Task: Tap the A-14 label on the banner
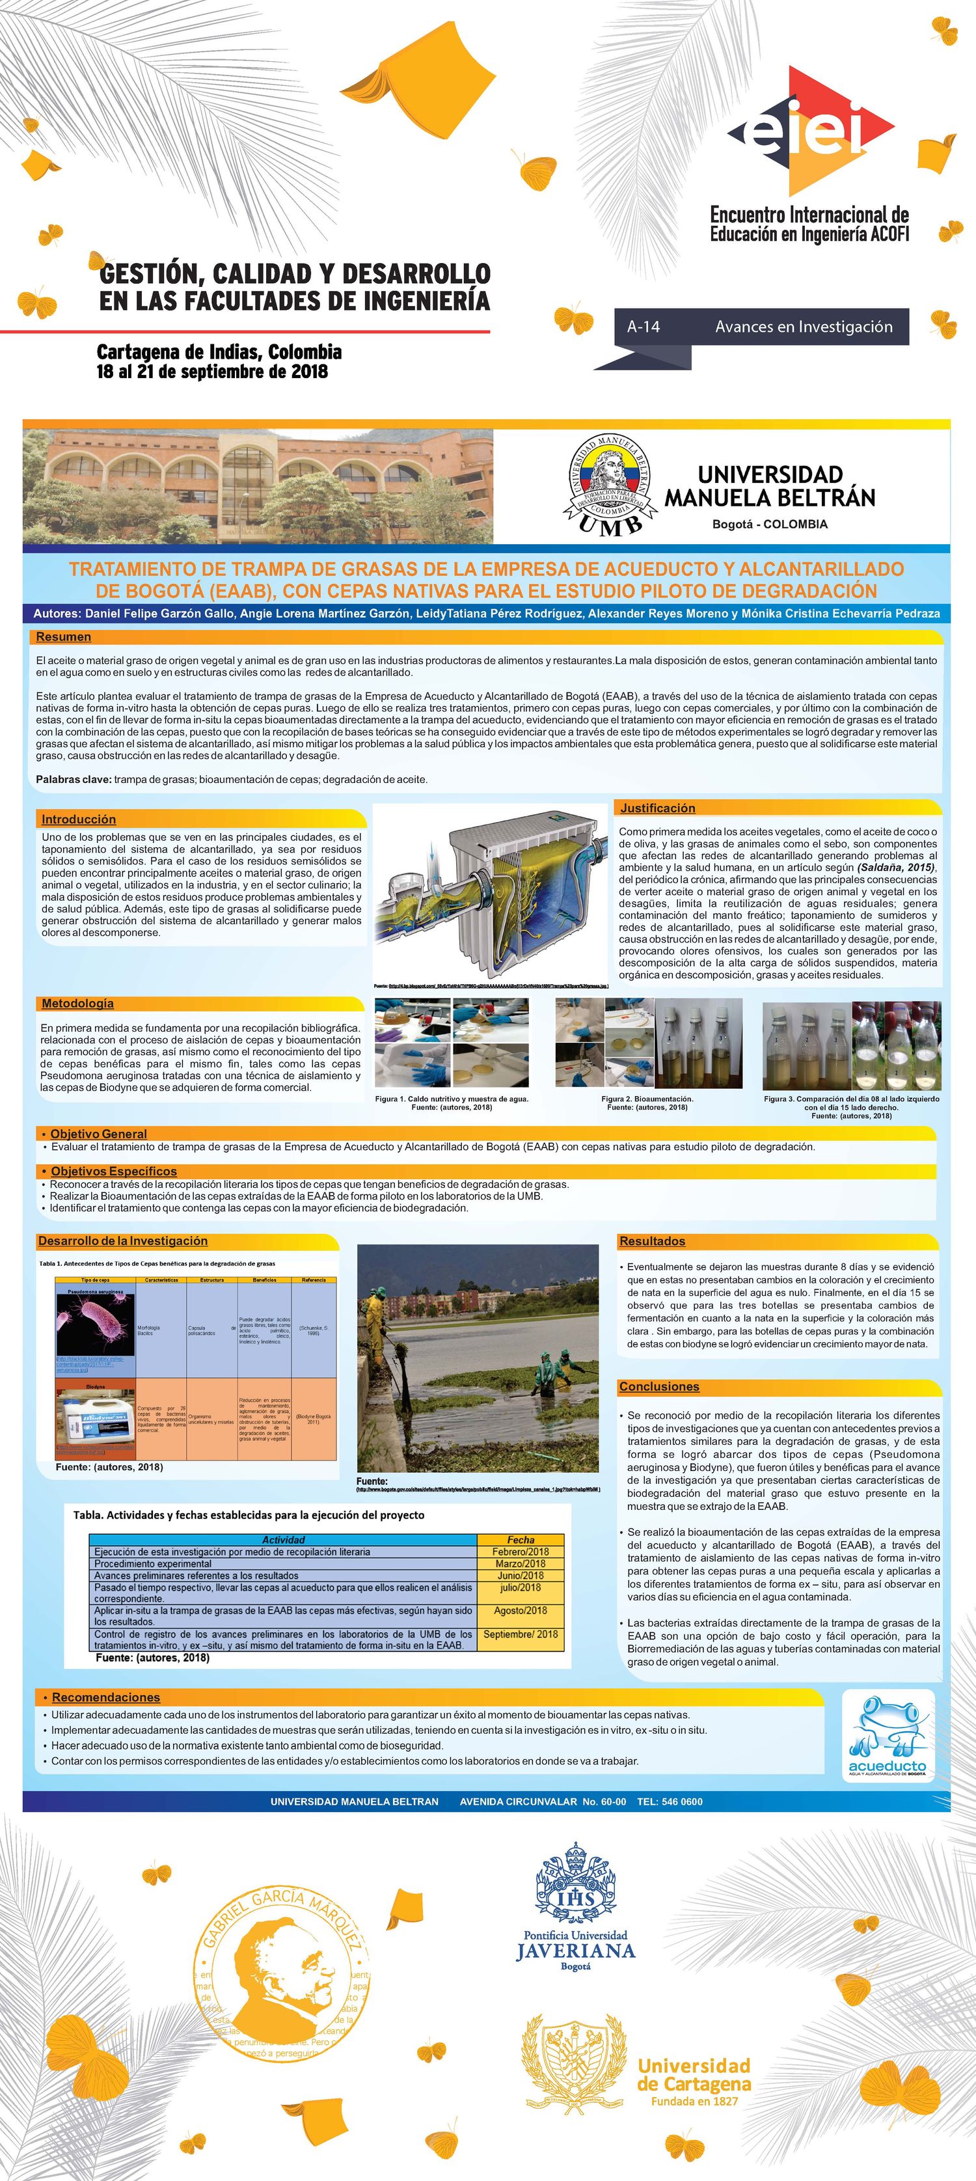(x=644, y=327)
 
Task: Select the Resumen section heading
(x=64, y=637)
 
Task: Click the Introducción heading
(x=79, y=819)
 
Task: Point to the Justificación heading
(x=657, y=808)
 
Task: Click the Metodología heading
(x=77, y=1004)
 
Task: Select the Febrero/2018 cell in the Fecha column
(x=521, y=1552)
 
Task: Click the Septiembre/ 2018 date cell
(x=521, y=1634)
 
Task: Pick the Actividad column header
(x=283, y=1540)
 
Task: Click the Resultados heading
(x=652, y=1241)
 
